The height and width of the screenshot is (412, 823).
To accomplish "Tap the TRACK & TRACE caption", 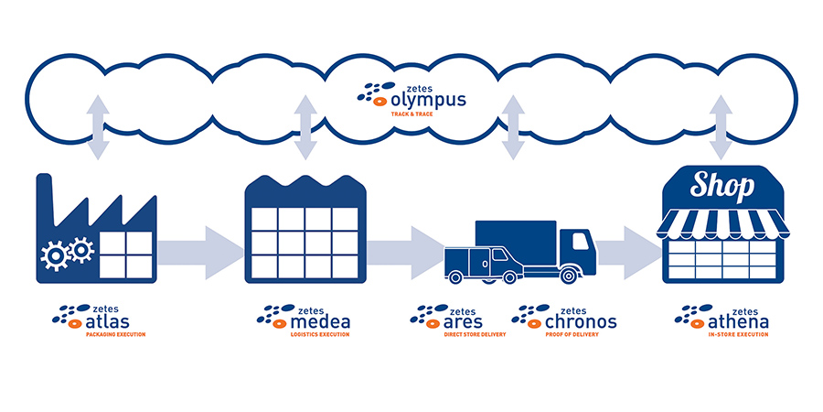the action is (x=412, y=114).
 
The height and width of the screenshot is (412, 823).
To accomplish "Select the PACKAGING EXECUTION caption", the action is (x=115, y=334).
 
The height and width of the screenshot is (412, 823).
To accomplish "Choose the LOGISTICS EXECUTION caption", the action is (x=320, y=334).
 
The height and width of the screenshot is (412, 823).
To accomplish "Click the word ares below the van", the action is (x=463, y=321).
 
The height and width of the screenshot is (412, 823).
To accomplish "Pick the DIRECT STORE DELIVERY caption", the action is (x=475, y=334).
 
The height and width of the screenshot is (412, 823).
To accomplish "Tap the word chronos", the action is (x=581, y=321).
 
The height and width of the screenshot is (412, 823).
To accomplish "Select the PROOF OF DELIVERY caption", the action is (x=572, y=334).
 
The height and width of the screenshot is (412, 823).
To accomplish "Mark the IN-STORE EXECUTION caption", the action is (x=738, y=334).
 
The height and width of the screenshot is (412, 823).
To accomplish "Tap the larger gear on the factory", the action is (x=55, y=255).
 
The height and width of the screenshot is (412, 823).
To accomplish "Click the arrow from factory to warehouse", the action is (x=200, y=253).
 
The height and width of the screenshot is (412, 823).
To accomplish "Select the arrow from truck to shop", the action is (x=627, y=253).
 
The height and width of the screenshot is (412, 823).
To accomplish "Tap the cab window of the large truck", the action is (x=580, y=241).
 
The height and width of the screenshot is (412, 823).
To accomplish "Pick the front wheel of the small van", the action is (x=455, y=276).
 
